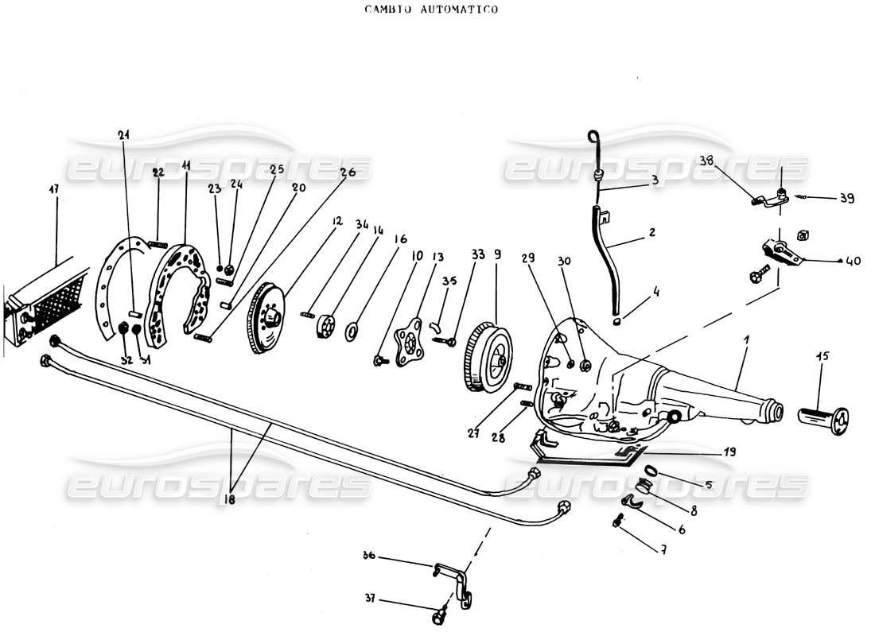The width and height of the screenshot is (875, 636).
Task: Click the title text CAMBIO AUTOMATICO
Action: pyautogui.click(x=431, y=10)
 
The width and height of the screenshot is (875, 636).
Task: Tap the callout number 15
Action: pyautogui.click(x=822, y=356)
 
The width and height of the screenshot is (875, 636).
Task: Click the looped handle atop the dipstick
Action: pyautogui.click(x=594, y=138)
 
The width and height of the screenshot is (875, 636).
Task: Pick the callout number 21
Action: pyautogui.click(x=122, y=134)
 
